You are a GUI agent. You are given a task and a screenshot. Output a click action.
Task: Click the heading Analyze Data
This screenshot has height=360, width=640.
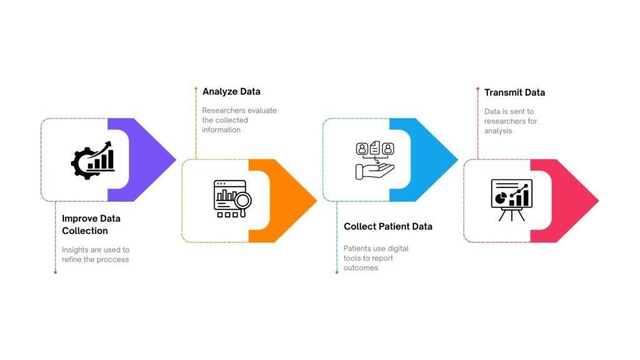pyautogui.click(x=231, y=92)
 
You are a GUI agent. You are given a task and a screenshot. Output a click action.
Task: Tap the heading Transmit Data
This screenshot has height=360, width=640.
pyautogui.click(x=514, y=92)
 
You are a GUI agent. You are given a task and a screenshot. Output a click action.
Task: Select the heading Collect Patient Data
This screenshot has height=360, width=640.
pyautogui.click(x=387, y=226)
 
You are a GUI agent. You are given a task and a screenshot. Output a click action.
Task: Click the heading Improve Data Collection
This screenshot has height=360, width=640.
pyautogui.click(x=91, y=224)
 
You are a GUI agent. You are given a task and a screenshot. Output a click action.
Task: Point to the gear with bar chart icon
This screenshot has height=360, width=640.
pyautogui.click(x=92, y=159)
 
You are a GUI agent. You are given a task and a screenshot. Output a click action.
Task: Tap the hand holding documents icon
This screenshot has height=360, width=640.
pyautogui.click(x=374, y=160)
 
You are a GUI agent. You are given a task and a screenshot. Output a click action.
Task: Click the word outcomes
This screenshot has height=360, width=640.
pyautogui.click(x=361, y=268)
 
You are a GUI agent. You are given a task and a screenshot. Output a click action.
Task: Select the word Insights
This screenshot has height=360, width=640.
pyautogui.click(x=76, y=250)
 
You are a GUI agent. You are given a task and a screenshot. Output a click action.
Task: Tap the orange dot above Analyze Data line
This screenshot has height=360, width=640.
pyautogui.click(x=196, y=89)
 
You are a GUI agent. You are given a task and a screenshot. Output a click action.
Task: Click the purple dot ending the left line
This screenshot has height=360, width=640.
pyautogui.click(x=55, y=272)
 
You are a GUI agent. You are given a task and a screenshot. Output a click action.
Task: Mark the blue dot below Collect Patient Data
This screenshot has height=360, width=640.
pyautogui.click(x=337, y=272)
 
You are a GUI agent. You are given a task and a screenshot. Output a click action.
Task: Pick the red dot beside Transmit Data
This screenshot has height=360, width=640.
pyautogui.click(x=477, y=89)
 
